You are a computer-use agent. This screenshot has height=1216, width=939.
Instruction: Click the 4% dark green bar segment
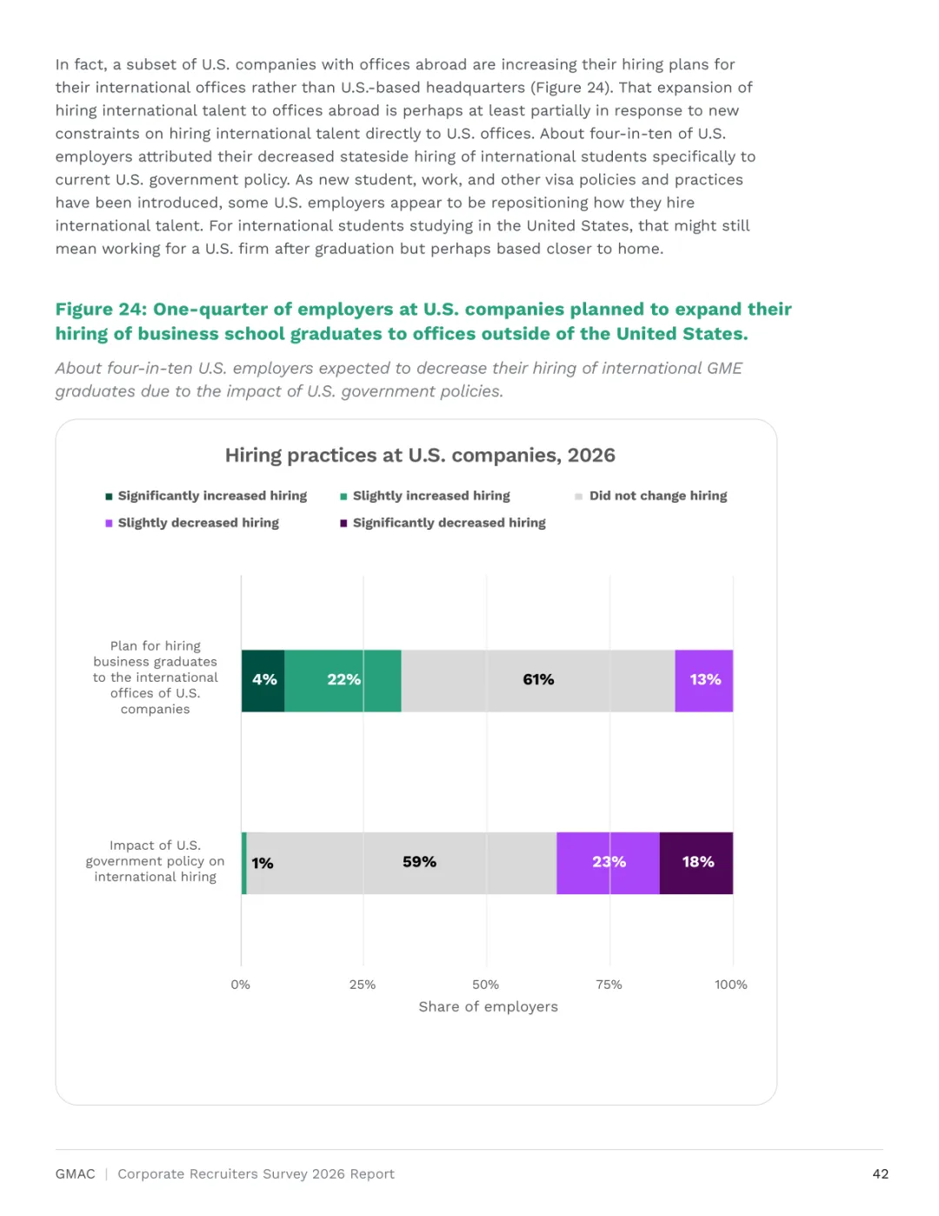(263, 680)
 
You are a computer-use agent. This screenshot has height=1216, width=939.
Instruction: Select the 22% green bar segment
(343, 680)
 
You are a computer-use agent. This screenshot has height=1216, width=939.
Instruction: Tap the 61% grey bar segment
(538, 680)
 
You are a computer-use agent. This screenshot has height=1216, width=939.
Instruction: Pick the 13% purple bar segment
(704, 680)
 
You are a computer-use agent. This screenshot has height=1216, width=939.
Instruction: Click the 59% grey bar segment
(402, 863)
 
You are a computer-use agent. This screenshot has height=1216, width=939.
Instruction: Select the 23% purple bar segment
(608, 863)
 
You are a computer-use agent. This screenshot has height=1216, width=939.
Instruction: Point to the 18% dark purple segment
(696, 863)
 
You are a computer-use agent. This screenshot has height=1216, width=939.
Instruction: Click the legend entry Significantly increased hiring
(206, 496)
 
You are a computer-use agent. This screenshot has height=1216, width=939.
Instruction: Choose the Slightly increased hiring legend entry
(425, 496)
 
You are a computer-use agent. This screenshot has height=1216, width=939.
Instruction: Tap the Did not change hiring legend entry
(651, 496)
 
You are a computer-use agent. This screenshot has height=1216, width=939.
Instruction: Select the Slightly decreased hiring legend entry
(192, 523)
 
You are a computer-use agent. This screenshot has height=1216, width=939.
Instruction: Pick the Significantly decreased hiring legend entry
(443, 523)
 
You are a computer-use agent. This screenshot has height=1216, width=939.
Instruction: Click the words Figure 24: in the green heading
(101, 309)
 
